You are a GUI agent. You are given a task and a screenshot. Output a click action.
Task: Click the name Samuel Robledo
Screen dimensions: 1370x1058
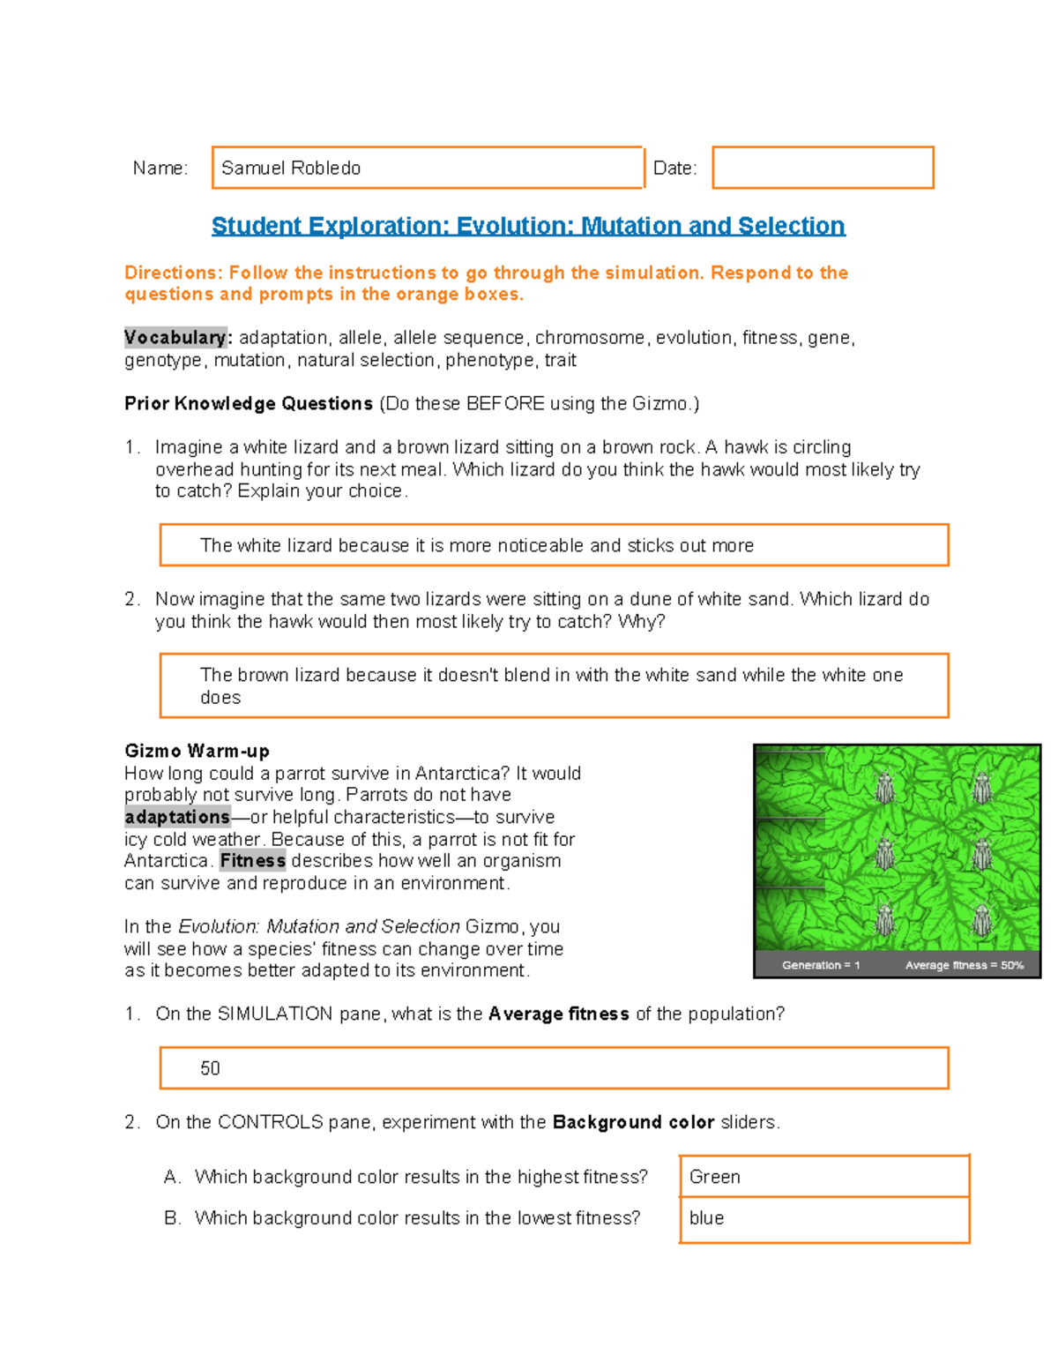(291, 168)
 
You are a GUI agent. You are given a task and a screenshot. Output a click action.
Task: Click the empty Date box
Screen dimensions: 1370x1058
(823, 168)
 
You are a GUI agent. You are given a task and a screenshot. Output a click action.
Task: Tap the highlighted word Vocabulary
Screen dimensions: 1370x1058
(175, 338)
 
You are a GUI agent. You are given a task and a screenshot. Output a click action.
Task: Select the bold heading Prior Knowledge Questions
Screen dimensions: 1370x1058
(249, 404)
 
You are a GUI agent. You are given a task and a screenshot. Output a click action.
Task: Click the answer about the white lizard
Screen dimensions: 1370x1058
(476, 545)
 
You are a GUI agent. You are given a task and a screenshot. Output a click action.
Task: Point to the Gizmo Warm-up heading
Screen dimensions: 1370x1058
(197, 751)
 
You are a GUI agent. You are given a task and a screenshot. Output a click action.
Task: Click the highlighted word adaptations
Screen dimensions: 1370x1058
(177, 817)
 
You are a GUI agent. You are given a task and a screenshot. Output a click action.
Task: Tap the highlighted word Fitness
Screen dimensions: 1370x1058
(253, 861)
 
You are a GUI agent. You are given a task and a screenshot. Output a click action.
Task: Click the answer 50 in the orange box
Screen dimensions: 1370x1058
(210, 1068)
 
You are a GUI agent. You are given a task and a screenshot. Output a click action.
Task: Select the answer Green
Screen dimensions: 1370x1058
(715, 1177)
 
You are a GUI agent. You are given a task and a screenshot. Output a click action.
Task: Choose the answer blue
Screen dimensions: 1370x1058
(706, 1218)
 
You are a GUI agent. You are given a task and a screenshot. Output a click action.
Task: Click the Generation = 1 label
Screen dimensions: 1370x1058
(820, 965)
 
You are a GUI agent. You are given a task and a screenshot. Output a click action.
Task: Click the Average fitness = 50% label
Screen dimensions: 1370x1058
(964, 965)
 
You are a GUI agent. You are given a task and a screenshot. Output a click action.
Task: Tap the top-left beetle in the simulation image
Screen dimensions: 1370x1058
(885, 786)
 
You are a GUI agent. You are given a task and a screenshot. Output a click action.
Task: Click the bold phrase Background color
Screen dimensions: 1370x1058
(633, 1122)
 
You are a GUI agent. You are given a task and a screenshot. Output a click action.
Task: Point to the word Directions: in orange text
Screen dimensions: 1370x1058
(173, 273)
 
